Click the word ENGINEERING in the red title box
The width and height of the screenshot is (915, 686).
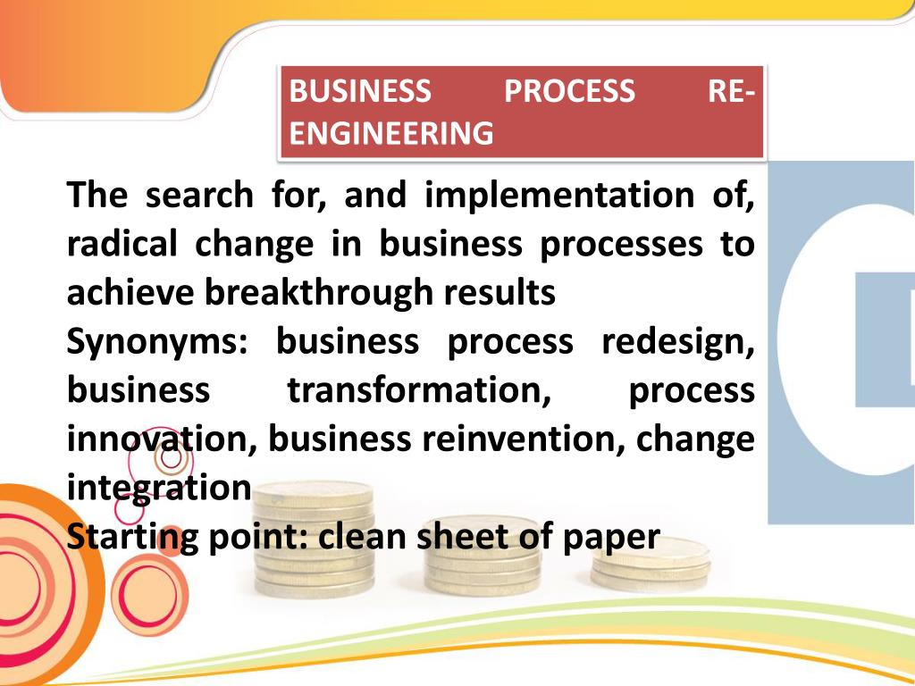coord(391,133)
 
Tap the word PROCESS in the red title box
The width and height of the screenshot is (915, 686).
coord(569,91)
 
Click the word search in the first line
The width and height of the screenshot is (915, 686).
coord(199,195)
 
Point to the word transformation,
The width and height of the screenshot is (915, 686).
coord(417,391)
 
